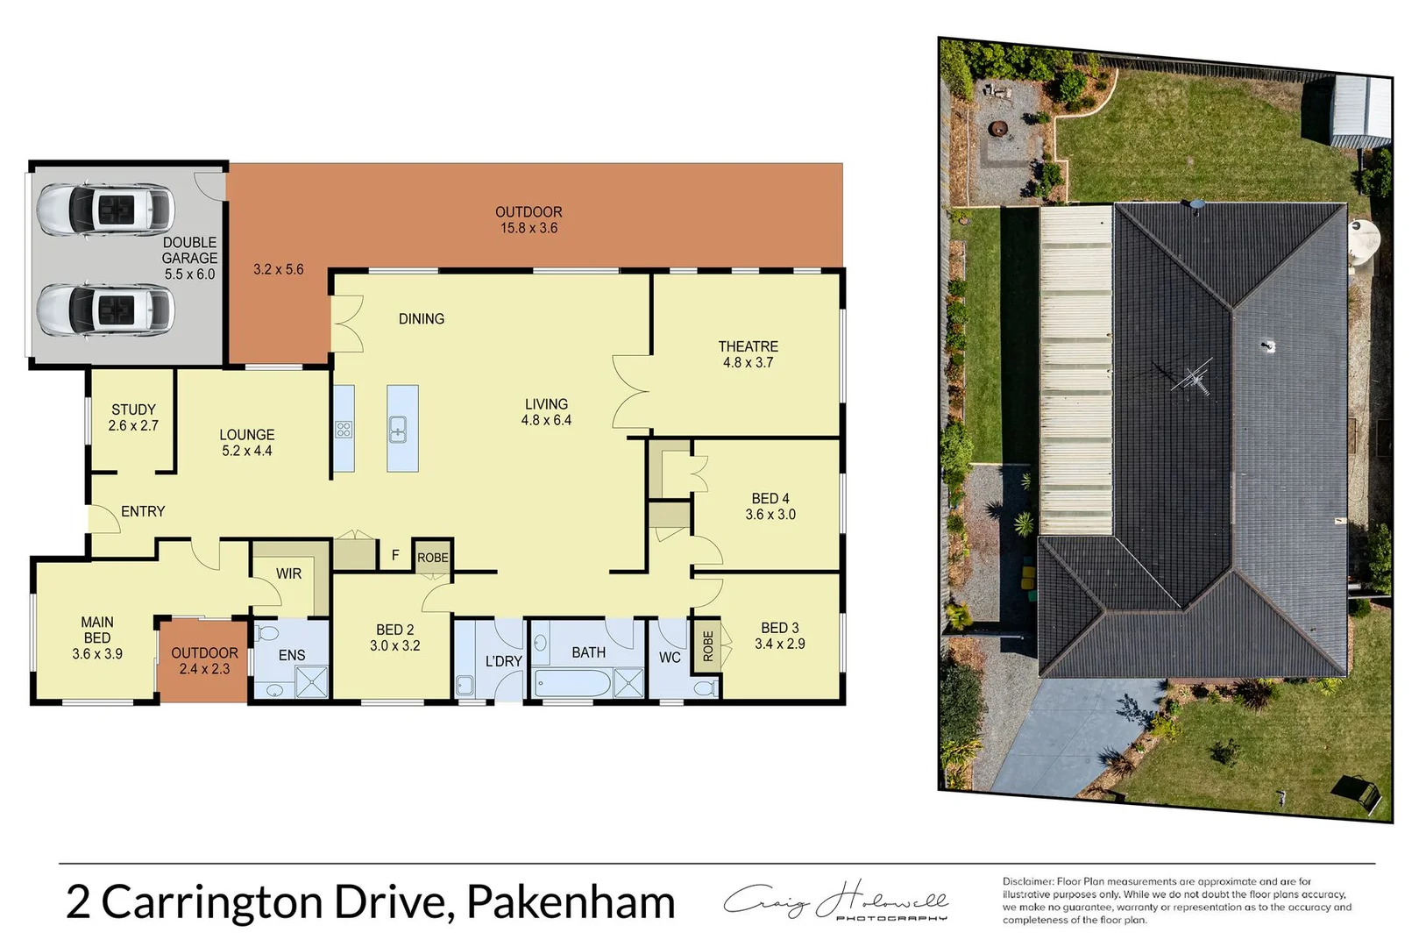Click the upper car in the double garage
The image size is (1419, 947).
coord(105,209)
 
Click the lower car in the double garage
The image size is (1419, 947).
coord(105,309)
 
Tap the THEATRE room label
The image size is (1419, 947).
coord(748,347)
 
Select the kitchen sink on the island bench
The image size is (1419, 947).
coord(398,431)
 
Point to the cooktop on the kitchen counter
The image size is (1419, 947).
coord(344,430)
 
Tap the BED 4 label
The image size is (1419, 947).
coord(770,498)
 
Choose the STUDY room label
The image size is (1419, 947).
coord(133,409)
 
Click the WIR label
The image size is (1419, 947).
coord(288,573)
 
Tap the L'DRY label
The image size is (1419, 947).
coord(503,661)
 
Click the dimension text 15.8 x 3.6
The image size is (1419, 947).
coord(529,228)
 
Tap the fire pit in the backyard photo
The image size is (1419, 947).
coord(997,130)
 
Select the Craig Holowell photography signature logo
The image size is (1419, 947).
coord(835,901)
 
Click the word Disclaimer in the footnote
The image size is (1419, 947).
coord(1027,881)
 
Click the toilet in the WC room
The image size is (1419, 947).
coord(704,688)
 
